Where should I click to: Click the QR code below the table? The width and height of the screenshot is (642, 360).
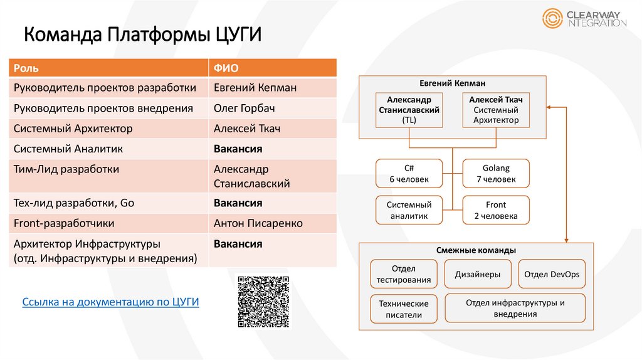(264, 302)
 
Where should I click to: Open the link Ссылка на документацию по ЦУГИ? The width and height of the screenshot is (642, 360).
(110, 302)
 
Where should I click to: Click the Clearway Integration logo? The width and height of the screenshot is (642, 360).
(584, 18)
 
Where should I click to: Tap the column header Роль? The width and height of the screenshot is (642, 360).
(26, 68)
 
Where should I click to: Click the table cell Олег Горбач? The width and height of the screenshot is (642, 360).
(244, 108)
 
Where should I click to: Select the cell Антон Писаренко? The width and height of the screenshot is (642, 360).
(258, 223)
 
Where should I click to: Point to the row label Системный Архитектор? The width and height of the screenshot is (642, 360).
(73, 129)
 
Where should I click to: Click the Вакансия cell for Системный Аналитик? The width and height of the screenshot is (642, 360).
(238, 149)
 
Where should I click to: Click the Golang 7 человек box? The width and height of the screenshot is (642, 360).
(496, 174)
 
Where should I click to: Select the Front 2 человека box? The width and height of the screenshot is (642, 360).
(496, 210)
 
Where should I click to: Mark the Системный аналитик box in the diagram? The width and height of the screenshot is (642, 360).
(409, 210)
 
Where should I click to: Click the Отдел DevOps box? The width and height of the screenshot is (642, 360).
(552, 274)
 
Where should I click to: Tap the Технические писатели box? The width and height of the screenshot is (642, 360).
(403, 309)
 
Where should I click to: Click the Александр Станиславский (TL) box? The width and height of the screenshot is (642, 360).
(409, 110)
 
